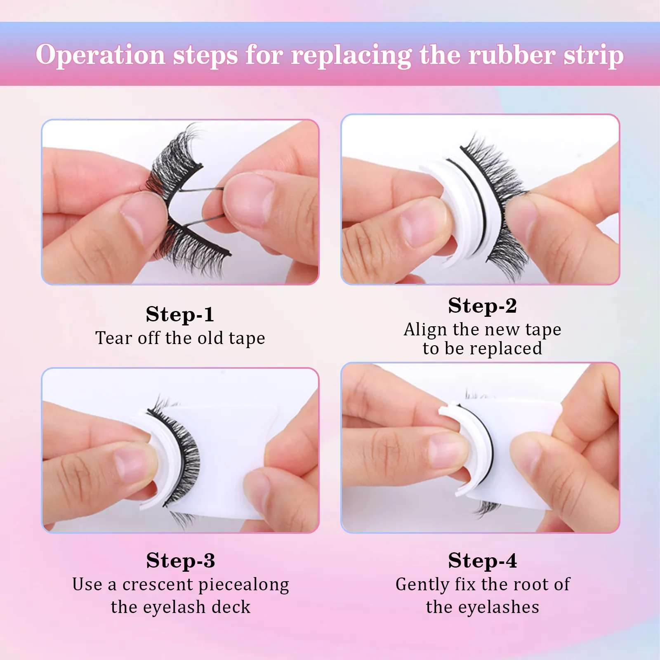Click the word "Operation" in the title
click(100, 55)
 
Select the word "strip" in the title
click(594, 55)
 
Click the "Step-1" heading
click(180, 314)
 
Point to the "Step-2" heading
click(482, 306)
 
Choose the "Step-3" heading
click(180, 561)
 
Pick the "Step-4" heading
click(482, 561)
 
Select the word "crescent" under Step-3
click(158, 585)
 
